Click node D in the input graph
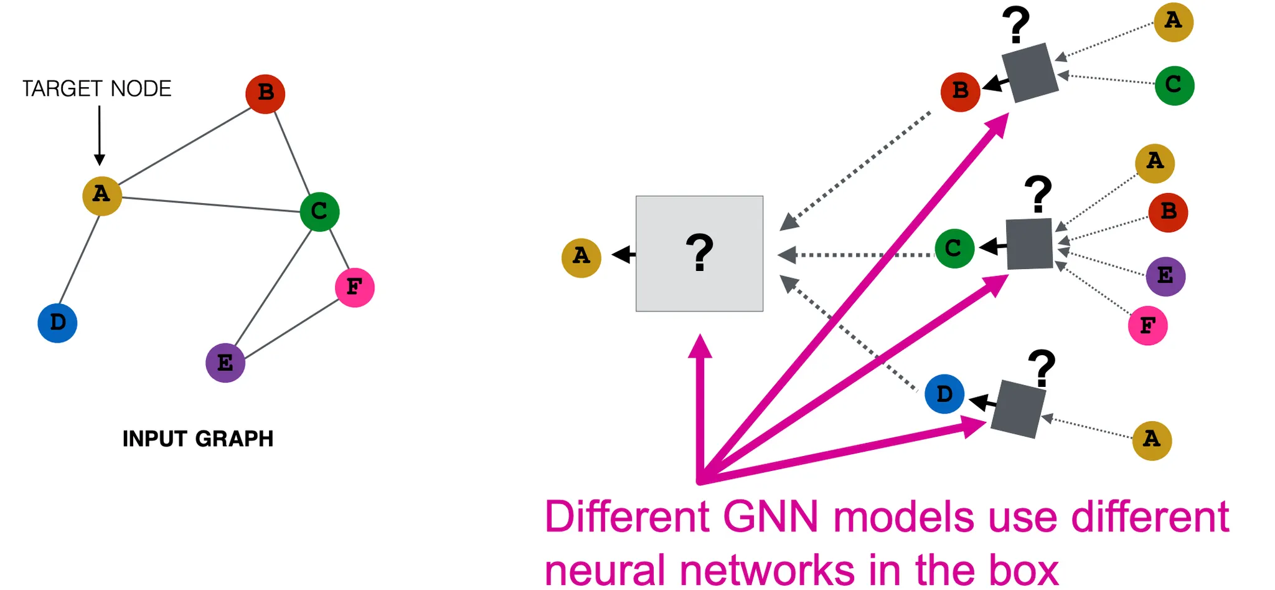pos(57,323)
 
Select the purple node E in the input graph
pos(225,363)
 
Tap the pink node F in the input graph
pos(354,287)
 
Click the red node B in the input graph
pos(265,93)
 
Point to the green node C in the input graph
pos(319,211)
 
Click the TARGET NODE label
pos(96,88)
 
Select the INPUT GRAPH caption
pos(198,439)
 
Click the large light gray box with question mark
pos(699,254)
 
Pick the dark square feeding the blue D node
pos(1018,409)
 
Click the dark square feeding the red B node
pos(1030,72)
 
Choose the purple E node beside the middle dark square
pos(1165,276)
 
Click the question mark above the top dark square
pos(1016,24)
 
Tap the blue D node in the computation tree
pos(944,394)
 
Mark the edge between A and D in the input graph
pos(79,260)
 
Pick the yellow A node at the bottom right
pos(1152,440)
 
